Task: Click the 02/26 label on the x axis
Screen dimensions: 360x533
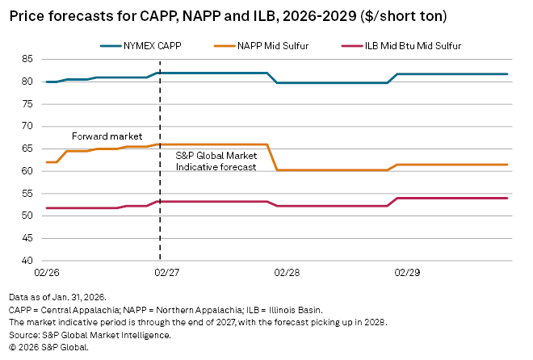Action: coord(46,274)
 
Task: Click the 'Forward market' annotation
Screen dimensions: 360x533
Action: coord(107,136)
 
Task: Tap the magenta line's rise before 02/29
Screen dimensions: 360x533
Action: coord(392,202)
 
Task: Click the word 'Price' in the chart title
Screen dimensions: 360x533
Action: coord(27,15)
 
